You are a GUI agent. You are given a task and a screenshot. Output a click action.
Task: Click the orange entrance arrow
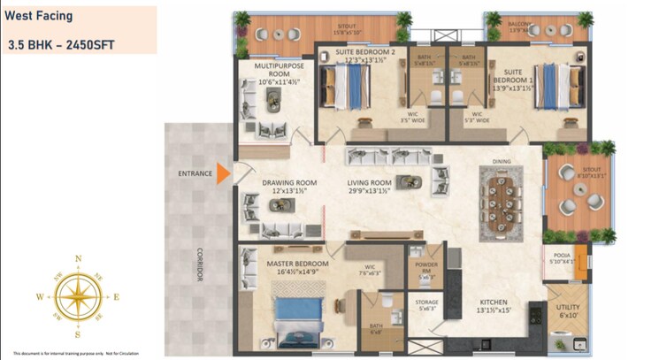(224, 173)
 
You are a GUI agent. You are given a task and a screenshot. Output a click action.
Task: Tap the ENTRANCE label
(195, 173)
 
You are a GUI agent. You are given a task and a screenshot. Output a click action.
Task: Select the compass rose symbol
(78, 297)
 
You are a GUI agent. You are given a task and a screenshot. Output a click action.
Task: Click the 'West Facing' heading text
(40, 16)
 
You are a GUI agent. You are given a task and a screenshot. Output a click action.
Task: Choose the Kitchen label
(494, 306)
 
